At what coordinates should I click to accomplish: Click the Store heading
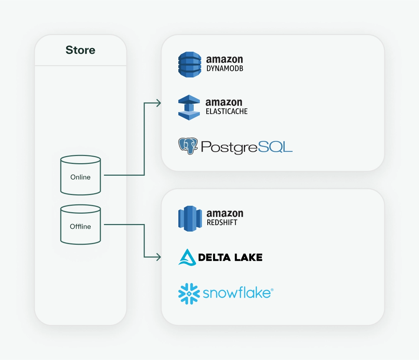tap(81, 50)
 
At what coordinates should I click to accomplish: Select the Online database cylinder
tap(81, 175)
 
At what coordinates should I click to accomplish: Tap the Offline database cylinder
tap(81, 224)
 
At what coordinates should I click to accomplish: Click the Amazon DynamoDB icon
tap(190, 64)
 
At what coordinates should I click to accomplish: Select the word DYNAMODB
tap(225, 68)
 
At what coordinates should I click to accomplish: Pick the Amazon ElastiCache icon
tap(189, 107)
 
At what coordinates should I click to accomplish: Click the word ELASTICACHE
tap(227, 111)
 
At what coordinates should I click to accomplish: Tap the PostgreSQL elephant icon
tap(188, 146)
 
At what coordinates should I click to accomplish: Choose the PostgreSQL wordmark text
tap(247, 147)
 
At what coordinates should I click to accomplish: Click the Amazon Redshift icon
tap(190, 218)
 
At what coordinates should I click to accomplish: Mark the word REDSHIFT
tap(222, 223)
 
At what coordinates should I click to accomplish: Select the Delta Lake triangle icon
tap(187, 257)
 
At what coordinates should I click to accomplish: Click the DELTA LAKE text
tap(230, 257)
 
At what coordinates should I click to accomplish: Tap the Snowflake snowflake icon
tap(189, 294)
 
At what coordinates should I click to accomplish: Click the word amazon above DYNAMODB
tap(225, 59)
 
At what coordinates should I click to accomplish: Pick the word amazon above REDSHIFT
tap(225, 214)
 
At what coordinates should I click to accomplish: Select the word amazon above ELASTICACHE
tap(224, 102)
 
